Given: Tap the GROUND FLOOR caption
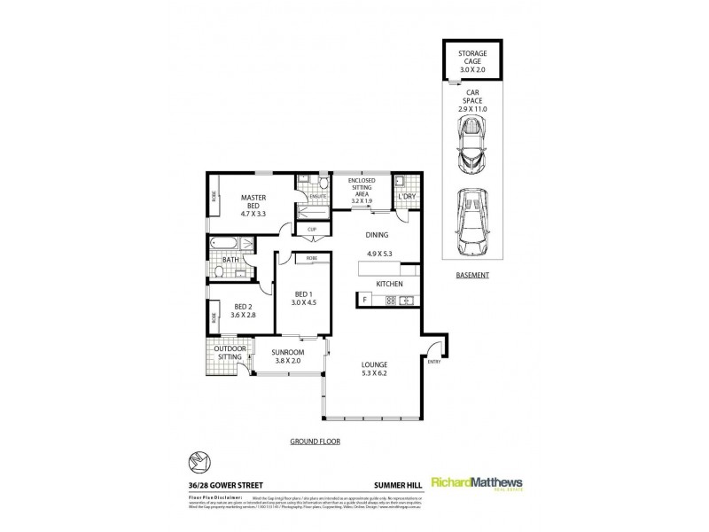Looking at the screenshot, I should coord(316,441).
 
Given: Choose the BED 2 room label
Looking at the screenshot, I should coord(242,310).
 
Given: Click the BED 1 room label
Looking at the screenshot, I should coord(304,298).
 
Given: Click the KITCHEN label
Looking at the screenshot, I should coord(390,283).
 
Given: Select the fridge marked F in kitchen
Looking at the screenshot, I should coord(364,301).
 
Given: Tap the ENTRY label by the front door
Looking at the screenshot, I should coord(433,362).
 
